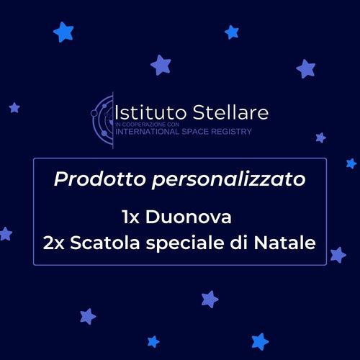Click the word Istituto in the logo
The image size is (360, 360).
tap(150, 112)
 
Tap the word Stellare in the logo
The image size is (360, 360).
tap(230, 112)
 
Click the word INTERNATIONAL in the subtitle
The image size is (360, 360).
tap(147, 132)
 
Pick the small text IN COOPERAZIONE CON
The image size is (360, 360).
tap(147, 125)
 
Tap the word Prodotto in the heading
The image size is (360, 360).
tap(100, 179)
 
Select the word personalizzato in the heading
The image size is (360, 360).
tap(229, 180)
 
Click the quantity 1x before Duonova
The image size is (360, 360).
tap(131, 217)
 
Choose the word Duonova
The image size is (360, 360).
tap(189, 217)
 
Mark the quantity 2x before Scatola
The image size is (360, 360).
tap(53, 243)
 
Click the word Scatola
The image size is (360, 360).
tap(105, 243)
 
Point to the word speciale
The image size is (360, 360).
tap(185, 243)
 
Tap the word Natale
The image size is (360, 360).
tap(284, 243)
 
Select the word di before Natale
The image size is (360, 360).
tap(239, 242)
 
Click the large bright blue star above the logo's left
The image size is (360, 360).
tap(63, 32)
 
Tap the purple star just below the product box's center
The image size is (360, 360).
tap(210, 300)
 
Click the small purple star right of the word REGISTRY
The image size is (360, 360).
tap(321, 138)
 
